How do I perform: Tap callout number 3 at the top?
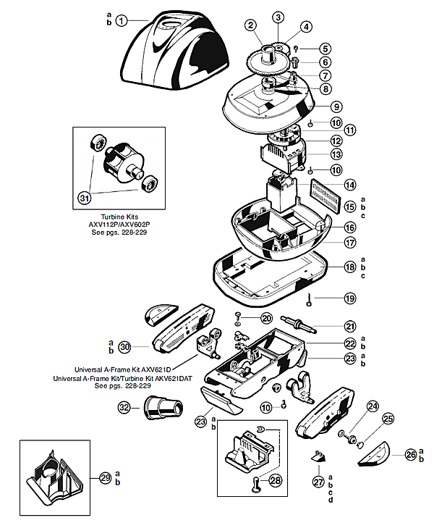pos(279,17)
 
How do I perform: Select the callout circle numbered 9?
pos(337,107)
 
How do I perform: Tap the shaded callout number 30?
pos(124,347)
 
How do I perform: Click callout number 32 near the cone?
pos(124,408)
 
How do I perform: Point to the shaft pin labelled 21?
pos(297,322)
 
